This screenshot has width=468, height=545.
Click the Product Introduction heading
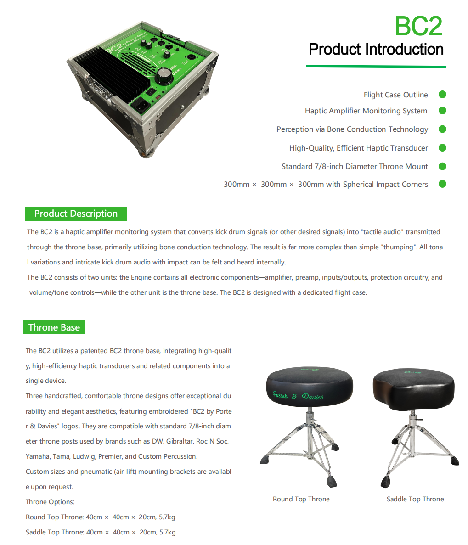pos(376,49)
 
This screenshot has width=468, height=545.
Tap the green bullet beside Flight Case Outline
pos(442,95)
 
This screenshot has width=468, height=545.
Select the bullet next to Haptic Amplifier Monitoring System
pos(442,111)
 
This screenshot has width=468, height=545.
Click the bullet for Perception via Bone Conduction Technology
pos(442,129)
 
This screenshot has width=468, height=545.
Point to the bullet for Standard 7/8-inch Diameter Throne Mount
pos(442,166)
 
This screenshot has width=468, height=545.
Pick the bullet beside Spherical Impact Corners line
pos(442,184)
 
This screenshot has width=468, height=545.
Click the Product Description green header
pos(76,214)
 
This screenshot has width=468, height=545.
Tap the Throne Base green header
pos(54,327)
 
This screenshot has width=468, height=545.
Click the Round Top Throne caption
pos(301,499)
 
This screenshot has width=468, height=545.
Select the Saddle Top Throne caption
pos(415,499)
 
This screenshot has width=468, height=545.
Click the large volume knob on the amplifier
pos(164,76)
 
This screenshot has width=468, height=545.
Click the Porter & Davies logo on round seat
pos(298,396)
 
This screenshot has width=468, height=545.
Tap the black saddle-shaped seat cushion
pos(413,388)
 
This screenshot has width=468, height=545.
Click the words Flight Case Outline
pos(396,95)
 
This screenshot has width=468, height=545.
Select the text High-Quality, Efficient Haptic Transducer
pos(359,148)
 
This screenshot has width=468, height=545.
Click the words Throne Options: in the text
pos(50,502)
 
